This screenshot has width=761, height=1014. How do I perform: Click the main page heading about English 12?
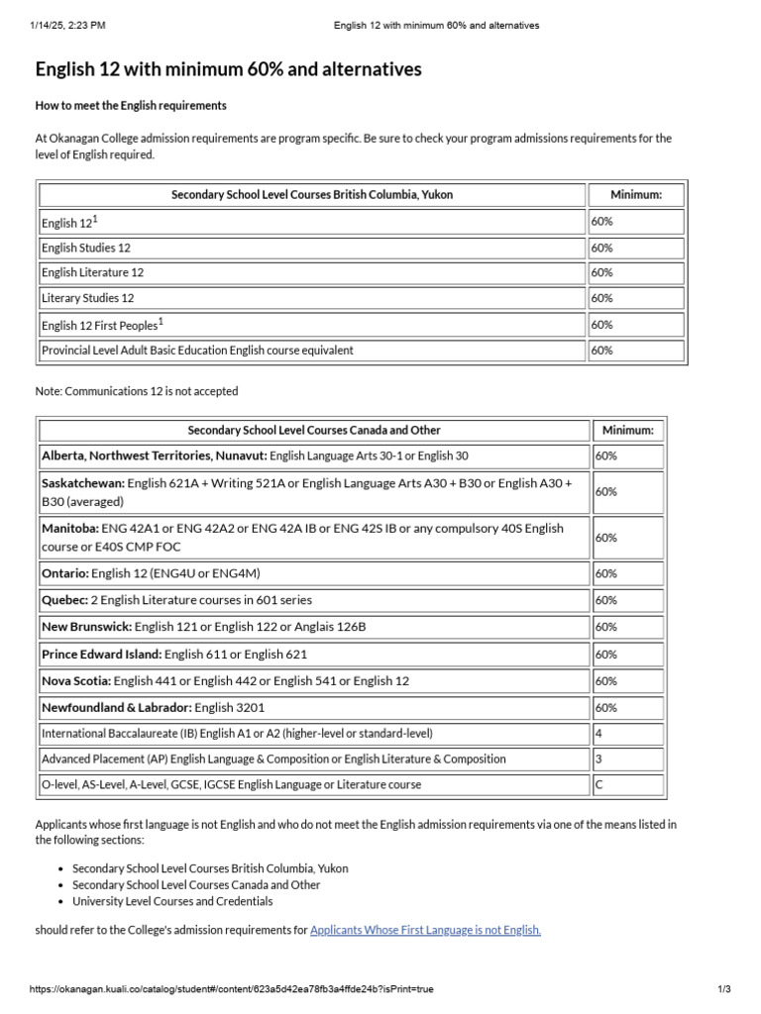(228, 69)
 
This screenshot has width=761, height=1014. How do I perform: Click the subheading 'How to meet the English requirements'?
(131, 106)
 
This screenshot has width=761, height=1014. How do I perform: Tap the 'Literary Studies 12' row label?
(87, 298)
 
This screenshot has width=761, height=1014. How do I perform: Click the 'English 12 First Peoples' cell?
(102, 324)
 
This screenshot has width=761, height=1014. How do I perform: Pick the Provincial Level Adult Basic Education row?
(197, 351)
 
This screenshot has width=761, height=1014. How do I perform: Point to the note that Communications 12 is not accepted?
(137, 391)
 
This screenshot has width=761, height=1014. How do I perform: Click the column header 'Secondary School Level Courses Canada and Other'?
(314, 431)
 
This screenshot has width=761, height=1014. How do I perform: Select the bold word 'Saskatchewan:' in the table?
(83, 483)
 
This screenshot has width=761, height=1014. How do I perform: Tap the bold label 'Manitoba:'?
(69, 529)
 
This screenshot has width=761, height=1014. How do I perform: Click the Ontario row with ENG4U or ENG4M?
(151, 573)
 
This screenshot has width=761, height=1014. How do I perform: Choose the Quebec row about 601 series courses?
(176, 600)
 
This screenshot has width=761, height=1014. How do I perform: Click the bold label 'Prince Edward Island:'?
(101, 655)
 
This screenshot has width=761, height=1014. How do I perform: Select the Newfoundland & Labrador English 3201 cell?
(153, 708)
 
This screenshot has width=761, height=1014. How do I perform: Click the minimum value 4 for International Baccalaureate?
(598, 734)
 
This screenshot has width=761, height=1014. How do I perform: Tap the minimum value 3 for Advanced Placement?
(598, 760)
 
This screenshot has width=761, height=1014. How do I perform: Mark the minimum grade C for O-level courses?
(598, 785)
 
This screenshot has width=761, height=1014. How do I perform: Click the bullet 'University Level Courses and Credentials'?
(172, 902)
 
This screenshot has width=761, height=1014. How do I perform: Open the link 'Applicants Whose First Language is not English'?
(425, 930)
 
